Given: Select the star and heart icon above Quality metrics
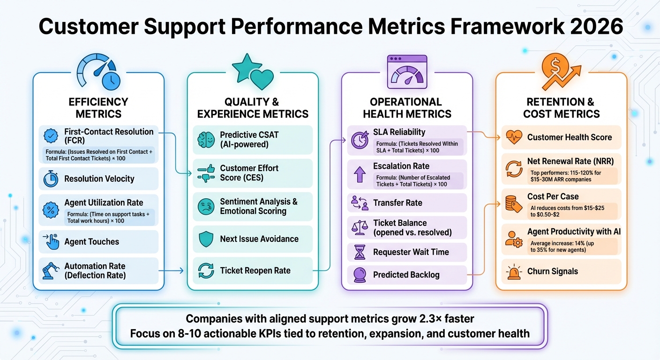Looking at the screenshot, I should [x=253, y=72].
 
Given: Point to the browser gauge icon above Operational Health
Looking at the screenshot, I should [x=407, y=72].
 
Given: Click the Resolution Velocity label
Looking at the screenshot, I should [x=99, y=179].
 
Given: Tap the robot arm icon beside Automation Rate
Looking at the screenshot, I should [x=50, y=271].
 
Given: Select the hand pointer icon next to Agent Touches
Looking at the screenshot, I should [x=51, y=242].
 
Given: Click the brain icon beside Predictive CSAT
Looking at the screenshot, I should [x=205, y=140].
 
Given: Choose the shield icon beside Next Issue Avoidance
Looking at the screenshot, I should [x=206, y=239].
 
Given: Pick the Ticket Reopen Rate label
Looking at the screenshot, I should [x=255, y=270].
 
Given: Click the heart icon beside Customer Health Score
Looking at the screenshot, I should [x=514, y=137].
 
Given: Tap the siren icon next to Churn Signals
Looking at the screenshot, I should [x=514, y=271].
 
